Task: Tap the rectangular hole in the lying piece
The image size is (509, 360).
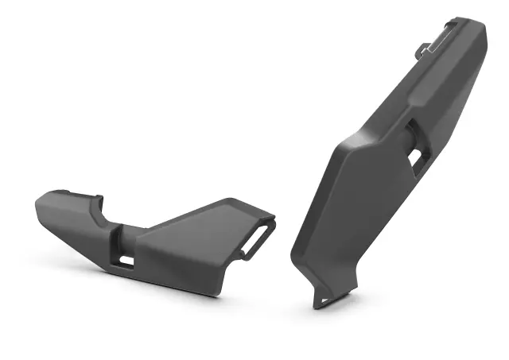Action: (126, 259)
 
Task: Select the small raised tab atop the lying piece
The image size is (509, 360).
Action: (96, 199)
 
